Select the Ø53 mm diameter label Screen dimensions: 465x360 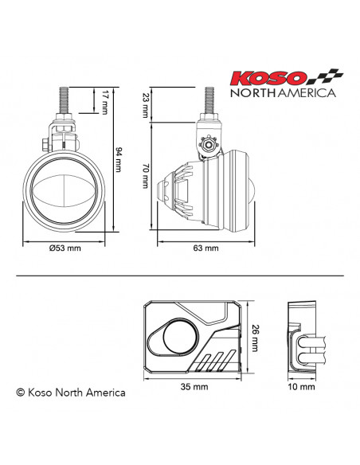coord(65,248)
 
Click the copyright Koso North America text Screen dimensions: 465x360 coord(70,392)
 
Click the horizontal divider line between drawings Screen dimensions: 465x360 coord(180,276)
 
